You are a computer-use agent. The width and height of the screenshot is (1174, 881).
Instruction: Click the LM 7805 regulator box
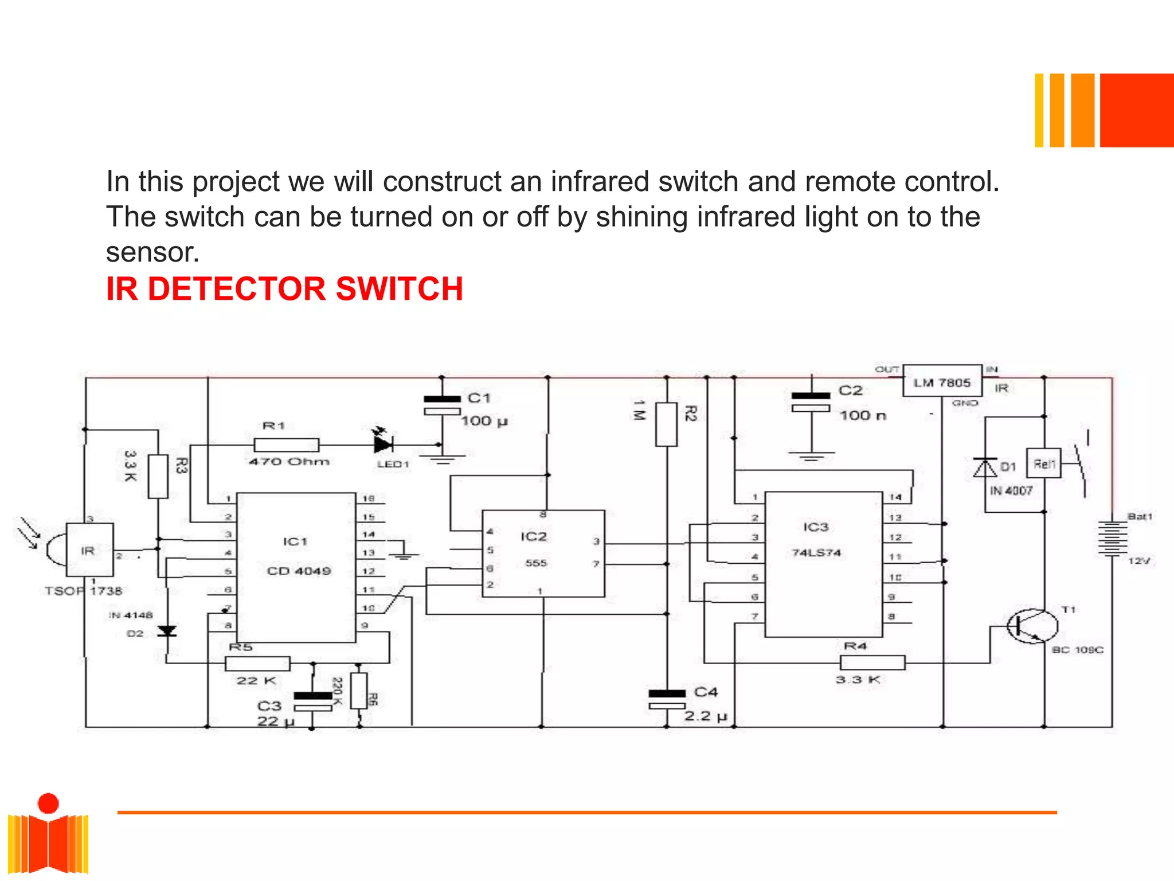click(942, 381)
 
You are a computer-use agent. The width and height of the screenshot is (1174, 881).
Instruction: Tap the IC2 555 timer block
click(543, 553)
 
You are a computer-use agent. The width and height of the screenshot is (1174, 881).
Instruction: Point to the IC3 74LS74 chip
click(823, 564)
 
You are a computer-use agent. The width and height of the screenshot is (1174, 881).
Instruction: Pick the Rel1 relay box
click(1043, 463)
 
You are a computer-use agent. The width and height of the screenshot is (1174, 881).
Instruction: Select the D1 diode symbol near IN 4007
click(985, 468)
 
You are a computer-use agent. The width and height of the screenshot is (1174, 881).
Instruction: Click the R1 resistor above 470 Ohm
click(286, 445)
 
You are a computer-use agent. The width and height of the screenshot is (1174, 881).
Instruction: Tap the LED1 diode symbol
click(383, 444)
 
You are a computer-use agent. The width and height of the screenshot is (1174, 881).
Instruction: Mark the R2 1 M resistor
click(666, 424)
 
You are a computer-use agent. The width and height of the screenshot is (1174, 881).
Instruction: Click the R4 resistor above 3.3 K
click(872, 662)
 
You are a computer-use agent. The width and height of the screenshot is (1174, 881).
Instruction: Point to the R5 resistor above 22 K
click(257, 664)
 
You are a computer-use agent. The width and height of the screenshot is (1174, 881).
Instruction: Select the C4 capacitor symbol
click(667, 699)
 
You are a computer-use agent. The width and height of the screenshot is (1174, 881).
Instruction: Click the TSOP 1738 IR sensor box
click(89, 549)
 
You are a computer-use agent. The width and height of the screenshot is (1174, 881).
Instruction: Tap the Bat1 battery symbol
click(1112, 538)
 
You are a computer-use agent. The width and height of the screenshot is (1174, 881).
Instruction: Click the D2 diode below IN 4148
click(167, 631)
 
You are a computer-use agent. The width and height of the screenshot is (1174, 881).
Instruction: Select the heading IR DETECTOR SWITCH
click(284, 289)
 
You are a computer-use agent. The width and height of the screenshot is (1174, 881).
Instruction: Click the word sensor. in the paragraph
click(152, 252)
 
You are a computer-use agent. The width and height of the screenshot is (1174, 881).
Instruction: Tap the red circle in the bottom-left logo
click(48, 803)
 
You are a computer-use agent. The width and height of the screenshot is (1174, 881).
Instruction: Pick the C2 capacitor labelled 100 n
click(811, 401)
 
